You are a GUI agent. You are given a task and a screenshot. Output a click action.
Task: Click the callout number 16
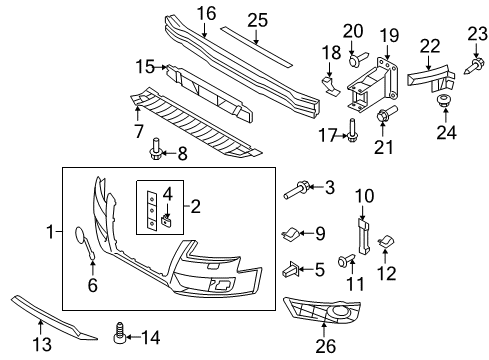(x=206, y=14)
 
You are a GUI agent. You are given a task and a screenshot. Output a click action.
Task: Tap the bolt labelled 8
(x=155, y=149)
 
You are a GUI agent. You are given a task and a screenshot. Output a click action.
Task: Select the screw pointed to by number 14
(x=120, y=332)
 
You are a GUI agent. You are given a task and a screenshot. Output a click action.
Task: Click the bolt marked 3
(x=297, y=190)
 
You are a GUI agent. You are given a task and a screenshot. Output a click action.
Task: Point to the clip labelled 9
(x=291, y=234)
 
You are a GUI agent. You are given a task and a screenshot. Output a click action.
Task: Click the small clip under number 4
(x=167, y=221)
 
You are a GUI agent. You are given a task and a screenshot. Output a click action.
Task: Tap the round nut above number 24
(x=443, y=101)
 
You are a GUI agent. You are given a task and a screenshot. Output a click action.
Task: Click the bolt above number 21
(x=386, y=113)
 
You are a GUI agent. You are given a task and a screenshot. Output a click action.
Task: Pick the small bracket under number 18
(x=330, y=86)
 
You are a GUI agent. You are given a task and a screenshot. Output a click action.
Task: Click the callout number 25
(x=257, y=20)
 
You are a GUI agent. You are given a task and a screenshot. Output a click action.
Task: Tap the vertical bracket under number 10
(x=363, y=235)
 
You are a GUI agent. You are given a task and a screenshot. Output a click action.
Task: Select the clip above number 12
(x=386, y=242)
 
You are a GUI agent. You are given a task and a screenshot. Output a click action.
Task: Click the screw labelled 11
(x=346, y=260)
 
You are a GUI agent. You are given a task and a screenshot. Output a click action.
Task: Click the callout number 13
(x=42, y=344)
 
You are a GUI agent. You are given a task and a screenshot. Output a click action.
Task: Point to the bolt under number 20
(x=357, y=59)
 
